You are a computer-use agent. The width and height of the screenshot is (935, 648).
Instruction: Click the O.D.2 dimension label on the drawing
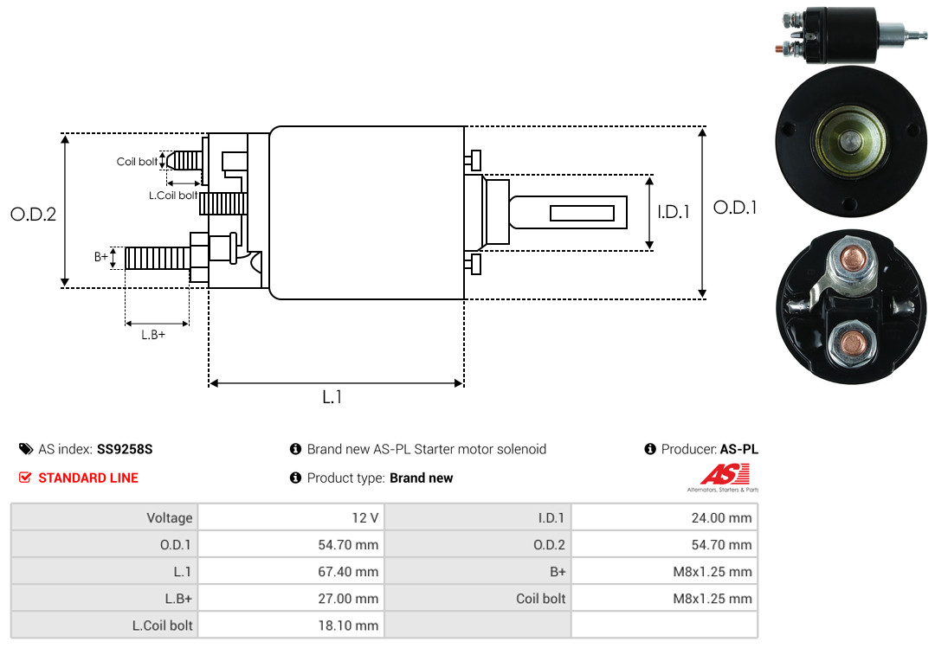[34, 214]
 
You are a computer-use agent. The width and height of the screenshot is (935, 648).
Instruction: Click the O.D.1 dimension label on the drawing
[735, 208]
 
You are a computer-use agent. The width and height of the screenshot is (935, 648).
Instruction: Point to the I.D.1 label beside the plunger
[674, 212]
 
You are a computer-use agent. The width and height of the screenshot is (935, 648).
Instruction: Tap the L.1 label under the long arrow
[332, 397]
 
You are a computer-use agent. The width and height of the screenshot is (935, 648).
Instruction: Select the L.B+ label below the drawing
[153, 335]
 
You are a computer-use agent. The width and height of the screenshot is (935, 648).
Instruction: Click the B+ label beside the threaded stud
[100, 256]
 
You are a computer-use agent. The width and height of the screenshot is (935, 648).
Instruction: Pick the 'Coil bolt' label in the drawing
[137, 162]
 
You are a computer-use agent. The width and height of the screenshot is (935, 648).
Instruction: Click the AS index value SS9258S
[125, 449]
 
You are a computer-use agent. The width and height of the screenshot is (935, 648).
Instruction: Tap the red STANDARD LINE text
[88, 478]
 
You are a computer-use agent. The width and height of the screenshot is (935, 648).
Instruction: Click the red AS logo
[725, 474]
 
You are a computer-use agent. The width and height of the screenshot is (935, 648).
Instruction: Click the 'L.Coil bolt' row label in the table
[162, 626]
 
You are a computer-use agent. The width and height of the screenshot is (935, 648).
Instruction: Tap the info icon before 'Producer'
[650, 449]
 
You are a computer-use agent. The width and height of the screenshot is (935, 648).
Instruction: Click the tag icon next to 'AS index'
[26, 449]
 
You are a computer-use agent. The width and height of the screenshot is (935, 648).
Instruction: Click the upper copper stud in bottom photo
[853, 259]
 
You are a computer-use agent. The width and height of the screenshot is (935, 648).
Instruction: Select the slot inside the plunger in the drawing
[582, 213]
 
